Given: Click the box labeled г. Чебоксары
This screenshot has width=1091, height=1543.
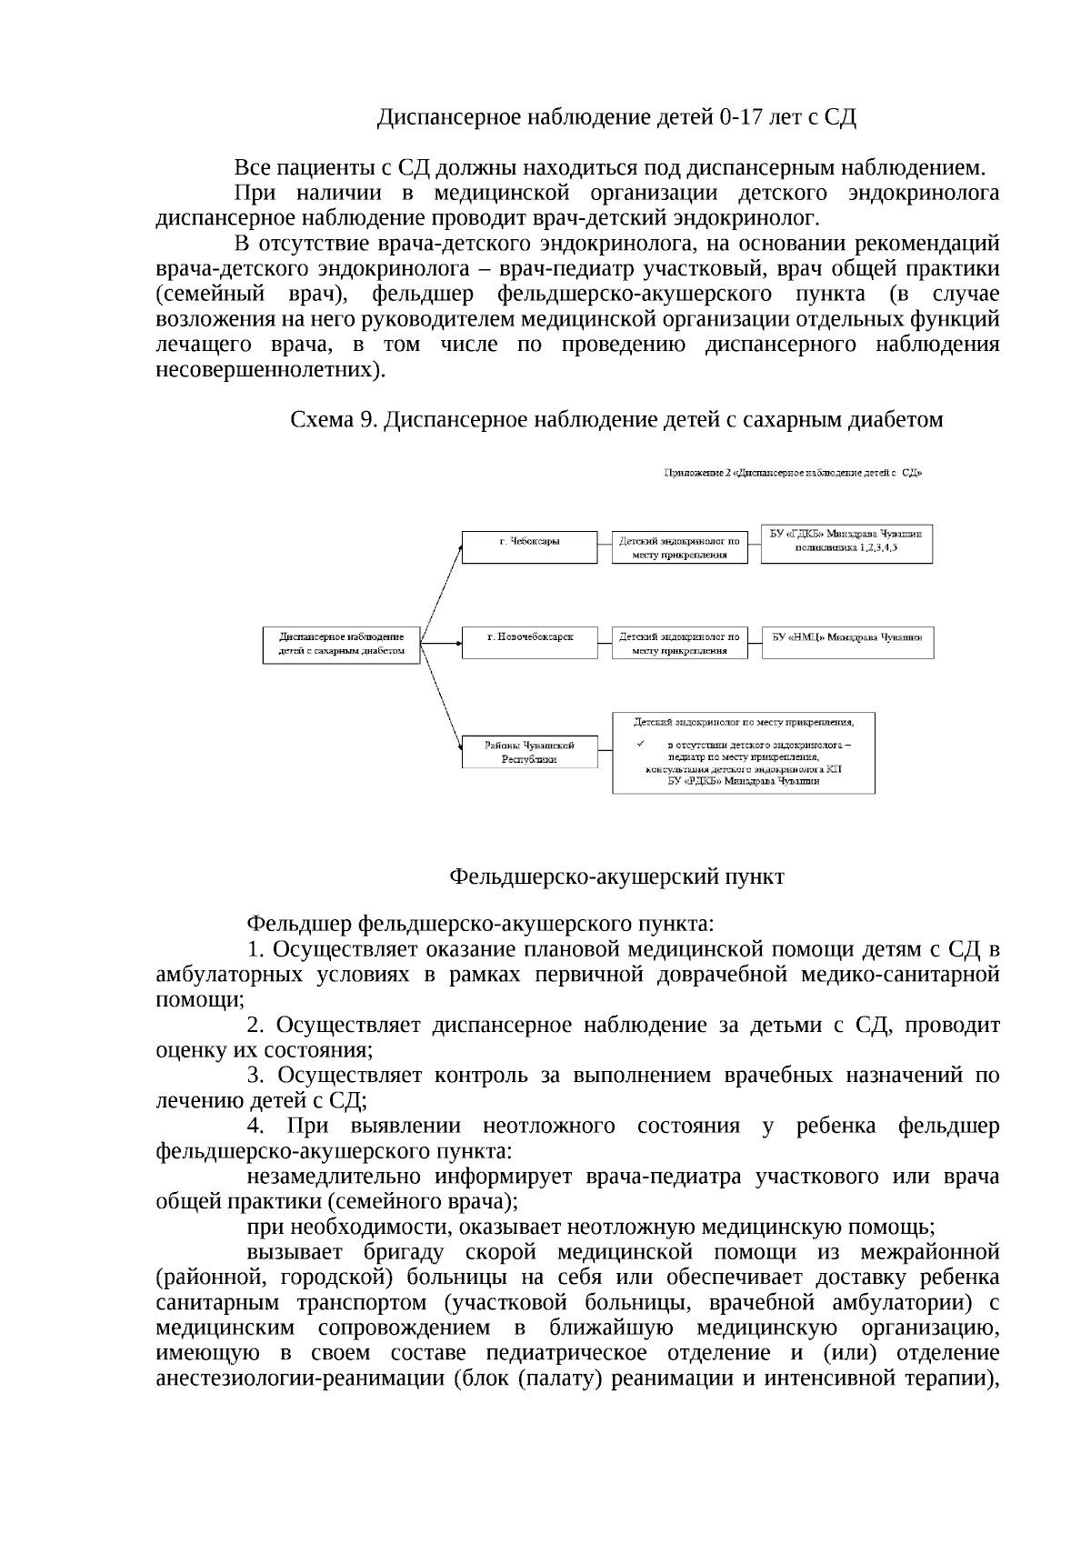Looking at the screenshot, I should (530, 547).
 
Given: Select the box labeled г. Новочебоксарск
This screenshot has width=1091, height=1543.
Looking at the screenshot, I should (530, 642).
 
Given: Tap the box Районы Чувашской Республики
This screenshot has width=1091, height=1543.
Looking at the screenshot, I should (530, 752).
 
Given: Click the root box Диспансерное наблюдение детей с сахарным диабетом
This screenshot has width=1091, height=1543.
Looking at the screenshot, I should (341, 645).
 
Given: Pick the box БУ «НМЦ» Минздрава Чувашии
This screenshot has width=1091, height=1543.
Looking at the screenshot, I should (846, 642).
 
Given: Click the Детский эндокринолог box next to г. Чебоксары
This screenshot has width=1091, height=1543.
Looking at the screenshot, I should (679, 547).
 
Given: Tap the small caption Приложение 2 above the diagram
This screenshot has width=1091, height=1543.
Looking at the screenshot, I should (793, 473).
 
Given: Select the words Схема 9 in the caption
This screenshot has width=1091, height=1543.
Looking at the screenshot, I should (332, 420).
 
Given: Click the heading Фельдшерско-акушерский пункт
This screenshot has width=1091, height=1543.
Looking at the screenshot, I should (616, 877).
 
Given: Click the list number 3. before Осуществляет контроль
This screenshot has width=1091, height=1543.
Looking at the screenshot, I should (255, 1077).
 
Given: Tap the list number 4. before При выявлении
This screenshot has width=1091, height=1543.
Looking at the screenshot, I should (255, 1127).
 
